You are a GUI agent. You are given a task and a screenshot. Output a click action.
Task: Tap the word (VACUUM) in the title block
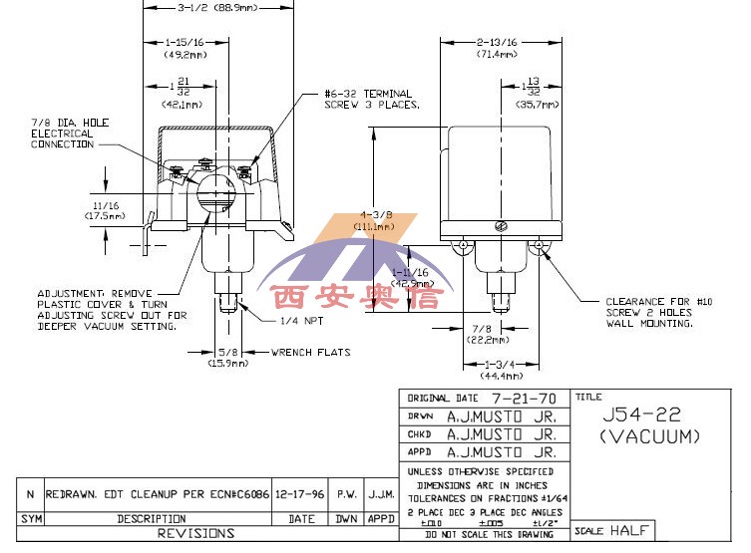[x=651, y=435]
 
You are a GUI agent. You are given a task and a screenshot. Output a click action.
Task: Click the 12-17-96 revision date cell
[x=301, y=494]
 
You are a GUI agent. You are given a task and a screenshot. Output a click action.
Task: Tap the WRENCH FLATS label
[x=307, y=352]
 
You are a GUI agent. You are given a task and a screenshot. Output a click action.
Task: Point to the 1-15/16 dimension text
[x=184, y=43]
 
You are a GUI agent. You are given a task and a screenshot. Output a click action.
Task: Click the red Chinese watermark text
[x=355, y=298]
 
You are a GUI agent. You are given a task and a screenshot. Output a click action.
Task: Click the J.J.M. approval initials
[x=381, y=494]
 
